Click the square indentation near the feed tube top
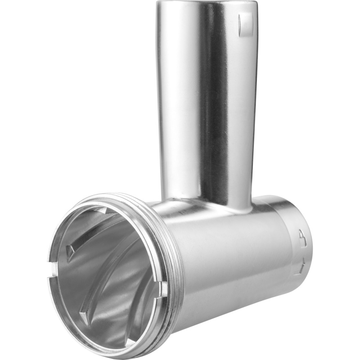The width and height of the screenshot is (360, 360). click(246, 25)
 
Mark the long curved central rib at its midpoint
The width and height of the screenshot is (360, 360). click(101, 265)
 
